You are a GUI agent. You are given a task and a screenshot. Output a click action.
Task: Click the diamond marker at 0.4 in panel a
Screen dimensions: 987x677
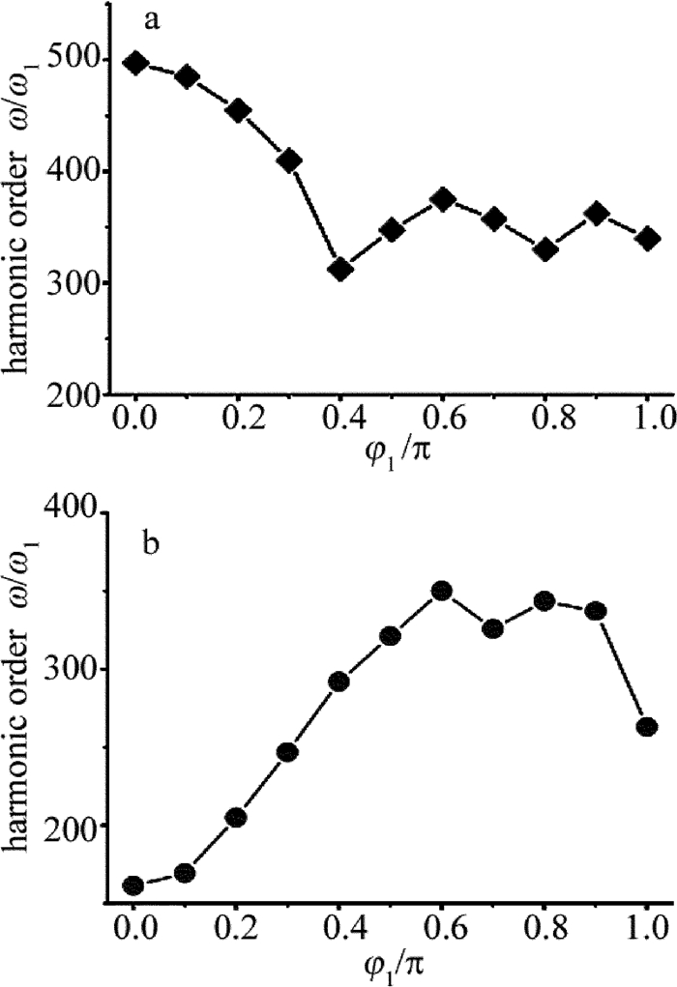[x=340, y=269]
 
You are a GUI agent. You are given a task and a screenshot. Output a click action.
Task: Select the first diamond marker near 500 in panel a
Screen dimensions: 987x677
[x=135, y=64]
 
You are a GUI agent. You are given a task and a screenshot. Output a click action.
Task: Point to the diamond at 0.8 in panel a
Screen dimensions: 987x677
[x=545, y=249]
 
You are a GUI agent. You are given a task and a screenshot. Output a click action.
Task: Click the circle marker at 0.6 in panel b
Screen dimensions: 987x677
[x=442, y=591]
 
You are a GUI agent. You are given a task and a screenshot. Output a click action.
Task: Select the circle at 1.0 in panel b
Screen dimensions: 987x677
[x=647, y=726]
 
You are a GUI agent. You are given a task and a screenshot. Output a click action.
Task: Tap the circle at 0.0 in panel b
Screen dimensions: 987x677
[x=133, y=885]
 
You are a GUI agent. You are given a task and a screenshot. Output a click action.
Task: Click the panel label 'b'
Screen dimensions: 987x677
[x=150, y=543]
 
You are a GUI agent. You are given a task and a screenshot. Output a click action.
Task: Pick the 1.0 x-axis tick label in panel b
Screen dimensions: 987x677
[x=647, y=934]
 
